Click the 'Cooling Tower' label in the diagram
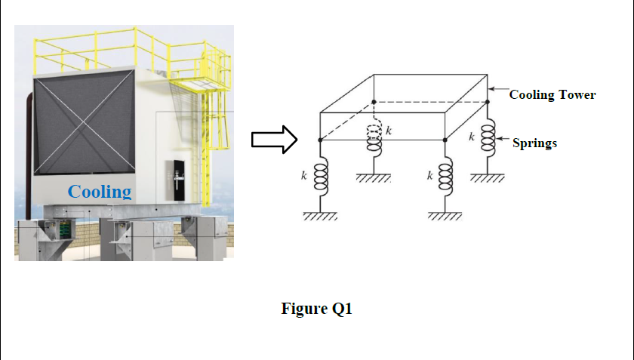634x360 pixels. [x=552, y=95]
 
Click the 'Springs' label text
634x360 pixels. [x=534, y=143]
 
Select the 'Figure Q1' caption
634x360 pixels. [x=317, y=309]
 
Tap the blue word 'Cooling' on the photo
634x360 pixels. [x=100, y=191]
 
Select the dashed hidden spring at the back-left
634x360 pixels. [x=374, y=134]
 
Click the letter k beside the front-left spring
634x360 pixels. [x=304, y=177]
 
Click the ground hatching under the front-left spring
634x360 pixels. [x=319, y=217]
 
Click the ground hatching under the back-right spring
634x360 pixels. [x=487, y=179]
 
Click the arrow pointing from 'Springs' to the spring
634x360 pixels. [x=503, y=142]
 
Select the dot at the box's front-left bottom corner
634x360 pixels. [x=320, y=140]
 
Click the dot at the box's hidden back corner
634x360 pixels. [x=374, y=101]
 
